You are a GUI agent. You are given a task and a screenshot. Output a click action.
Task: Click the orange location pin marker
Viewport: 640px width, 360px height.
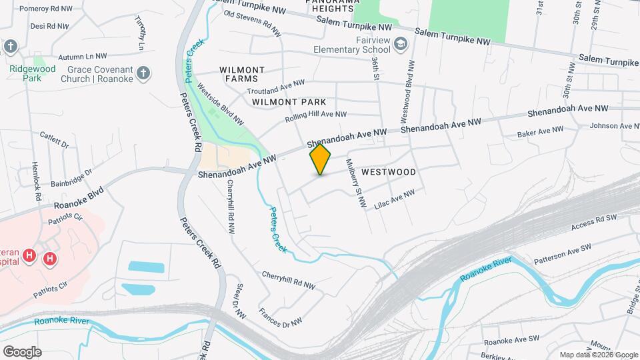(x=320, y=159)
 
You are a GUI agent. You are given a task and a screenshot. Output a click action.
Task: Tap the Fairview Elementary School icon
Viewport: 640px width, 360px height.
(x=400, y=45)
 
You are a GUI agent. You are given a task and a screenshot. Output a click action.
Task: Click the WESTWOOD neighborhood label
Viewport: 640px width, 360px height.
(x=389, y=172)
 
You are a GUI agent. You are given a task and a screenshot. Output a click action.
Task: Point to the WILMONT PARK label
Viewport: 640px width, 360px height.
(x=289, y=102)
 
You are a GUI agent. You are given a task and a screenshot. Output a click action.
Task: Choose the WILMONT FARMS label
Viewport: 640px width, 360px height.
(x=242, y=74)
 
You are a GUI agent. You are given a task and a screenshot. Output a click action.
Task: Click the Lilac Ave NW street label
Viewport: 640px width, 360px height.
(x=395, y=199)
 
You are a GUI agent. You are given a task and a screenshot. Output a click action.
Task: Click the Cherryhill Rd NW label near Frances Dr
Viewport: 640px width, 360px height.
(x=288, y=279)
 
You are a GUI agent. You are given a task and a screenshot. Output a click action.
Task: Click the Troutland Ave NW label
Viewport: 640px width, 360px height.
(x=275, y=86)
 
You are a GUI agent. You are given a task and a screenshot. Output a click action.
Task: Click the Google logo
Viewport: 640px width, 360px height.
(x=22, y=351)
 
